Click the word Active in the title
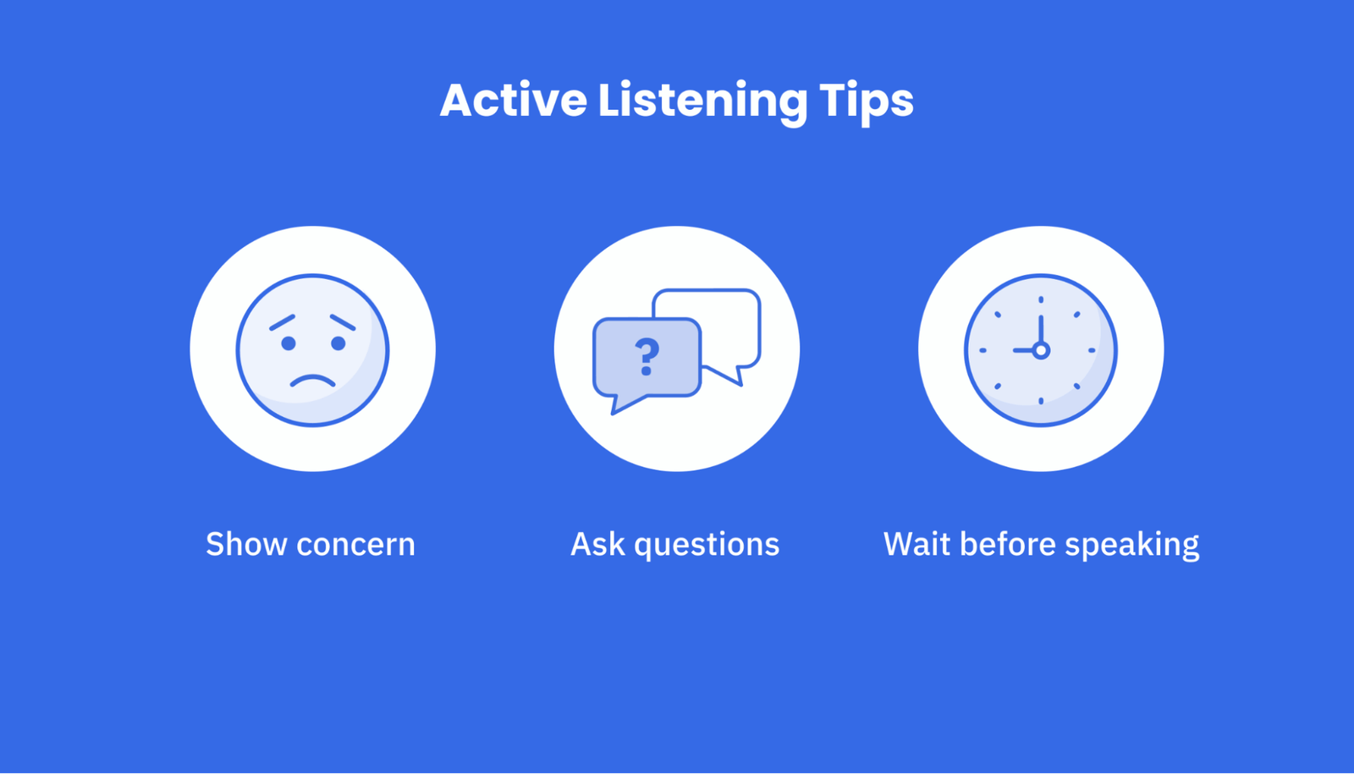tap(513, 101)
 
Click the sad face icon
tap(312, 349)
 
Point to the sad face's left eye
tap(289, 343)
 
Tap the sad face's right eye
tap(338, 343)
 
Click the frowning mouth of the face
tap(313, 381)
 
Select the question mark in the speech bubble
tap(647, 356)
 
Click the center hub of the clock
tap(1041, 350)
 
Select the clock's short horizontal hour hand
tap(1023, 350)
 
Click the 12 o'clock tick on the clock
tap(1041, 300)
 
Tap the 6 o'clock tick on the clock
tap(1041, 400)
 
